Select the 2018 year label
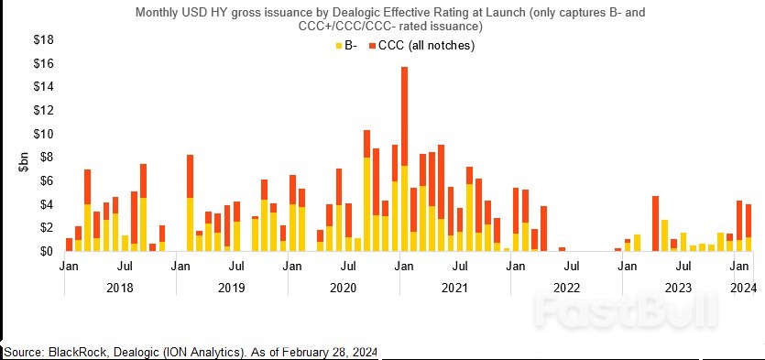(x=120, y=287)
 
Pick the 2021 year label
(x=454, y=287)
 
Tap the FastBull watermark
(x=623, y=311)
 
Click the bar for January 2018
(x=69, y=245)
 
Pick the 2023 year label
(x=678, y=287)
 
